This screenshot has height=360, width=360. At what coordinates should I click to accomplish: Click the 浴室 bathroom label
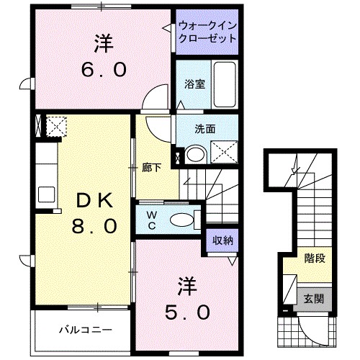click(194, 84)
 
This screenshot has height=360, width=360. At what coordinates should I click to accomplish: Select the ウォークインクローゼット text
click(208, 32)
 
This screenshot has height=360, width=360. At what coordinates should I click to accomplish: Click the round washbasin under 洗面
click(192, 153)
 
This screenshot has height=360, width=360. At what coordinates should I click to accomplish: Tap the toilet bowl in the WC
click(183, 220)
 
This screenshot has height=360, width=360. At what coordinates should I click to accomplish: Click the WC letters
click(152, 219)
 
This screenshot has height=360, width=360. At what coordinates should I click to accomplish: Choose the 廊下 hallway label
click(150, 167)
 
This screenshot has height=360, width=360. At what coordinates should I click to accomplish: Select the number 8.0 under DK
click(93, 226)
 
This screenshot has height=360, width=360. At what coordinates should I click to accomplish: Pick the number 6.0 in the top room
click(103, 70)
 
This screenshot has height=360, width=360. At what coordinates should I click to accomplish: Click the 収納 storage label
click(222, 240)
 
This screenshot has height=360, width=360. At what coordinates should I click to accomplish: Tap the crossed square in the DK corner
click(54, 127)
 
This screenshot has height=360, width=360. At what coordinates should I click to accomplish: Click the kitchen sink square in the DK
click(47, 194)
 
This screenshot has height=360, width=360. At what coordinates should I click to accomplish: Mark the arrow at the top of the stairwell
click(293, 170)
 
